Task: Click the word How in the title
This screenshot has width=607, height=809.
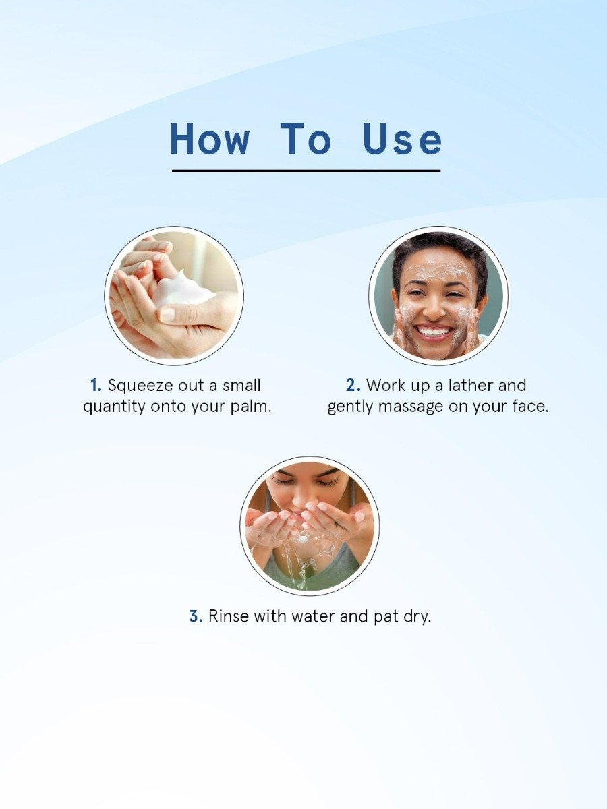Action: pyautogui.click(x=209, y=139)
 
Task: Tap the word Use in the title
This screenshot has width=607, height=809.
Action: pyautogui.click(x=402, y=139)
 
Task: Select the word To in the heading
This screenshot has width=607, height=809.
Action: pyautogui.click(x=306, y=139)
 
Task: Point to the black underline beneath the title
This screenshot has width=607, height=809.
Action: pyautogui.click(x=306, y=171)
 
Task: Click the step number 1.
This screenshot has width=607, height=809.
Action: pyautogui.click(x=95, y=386)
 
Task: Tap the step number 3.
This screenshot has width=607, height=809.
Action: pyautogui.click(x=195, y=616)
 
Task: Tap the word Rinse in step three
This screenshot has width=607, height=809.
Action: pyautogui.click(x=228, y=616)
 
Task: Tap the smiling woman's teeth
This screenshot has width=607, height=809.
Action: pyautogui.click(x=435, y=331)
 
